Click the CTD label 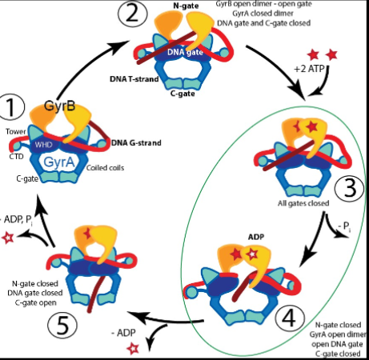[x=14, y=156]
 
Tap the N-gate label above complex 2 [x=186, y=6]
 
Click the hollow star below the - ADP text [x=132, y=346]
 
